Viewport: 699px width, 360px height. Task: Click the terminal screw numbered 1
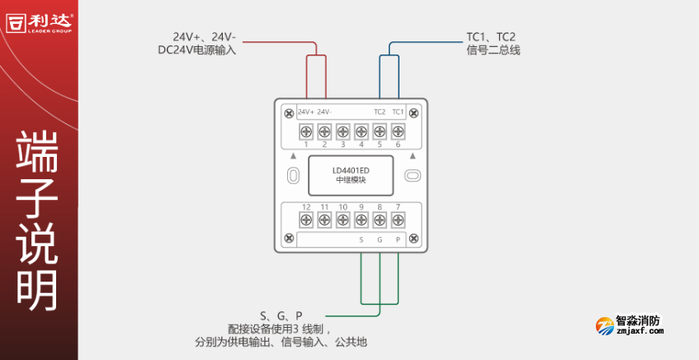(305, 130)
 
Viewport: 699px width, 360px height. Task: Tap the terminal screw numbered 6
(398, 130)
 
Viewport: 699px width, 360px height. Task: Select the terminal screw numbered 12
(305, 220)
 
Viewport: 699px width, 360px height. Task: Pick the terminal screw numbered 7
(398, 220)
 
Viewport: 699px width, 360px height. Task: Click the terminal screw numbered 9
(361, 220)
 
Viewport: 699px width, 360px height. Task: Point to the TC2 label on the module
(380, 111)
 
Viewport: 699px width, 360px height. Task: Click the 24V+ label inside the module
(305, 111)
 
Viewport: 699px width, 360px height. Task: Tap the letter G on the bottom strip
(380, 240)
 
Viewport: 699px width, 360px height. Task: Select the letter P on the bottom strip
(398, 240)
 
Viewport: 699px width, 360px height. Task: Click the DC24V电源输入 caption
(197, 50)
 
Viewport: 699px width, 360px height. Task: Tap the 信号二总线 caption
(494, 50)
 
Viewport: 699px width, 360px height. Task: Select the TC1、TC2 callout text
(491, 37)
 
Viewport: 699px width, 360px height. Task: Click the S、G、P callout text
(281, 315)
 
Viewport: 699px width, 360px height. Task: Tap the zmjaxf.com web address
(640, 332)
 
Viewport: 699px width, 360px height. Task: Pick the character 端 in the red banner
(38, 149)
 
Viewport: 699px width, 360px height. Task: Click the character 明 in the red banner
(38, 289)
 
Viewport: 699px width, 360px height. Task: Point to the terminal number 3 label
(342, 144)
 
